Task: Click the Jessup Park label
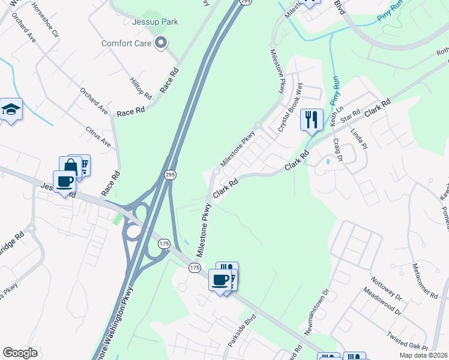pos(155,22)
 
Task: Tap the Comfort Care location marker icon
pos(160,43)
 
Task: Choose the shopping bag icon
pos(70,166)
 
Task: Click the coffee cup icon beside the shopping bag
pos(64,180)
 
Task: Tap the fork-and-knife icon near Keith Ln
pos(311,119)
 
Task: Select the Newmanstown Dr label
pos(326,305)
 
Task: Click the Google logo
pos(20,353)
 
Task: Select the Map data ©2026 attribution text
pos(424,355)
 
